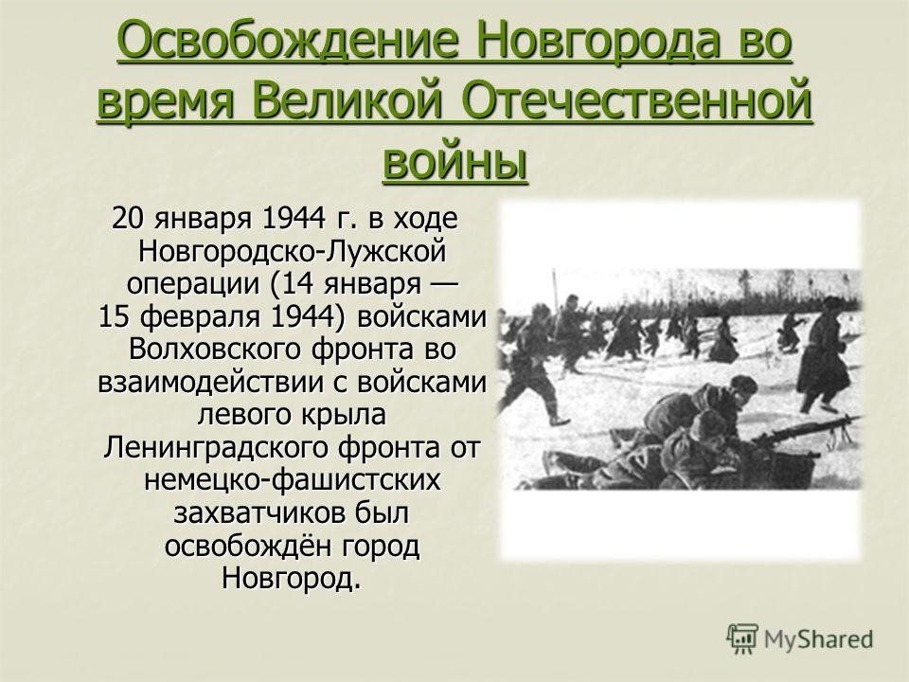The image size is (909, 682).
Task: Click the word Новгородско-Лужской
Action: click(x=293, y=252)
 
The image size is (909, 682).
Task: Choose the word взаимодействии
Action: click(x=223, y=384)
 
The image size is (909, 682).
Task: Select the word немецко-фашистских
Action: click(x=293, y=481)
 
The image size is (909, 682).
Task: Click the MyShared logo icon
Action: click(x=742, y=639)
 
